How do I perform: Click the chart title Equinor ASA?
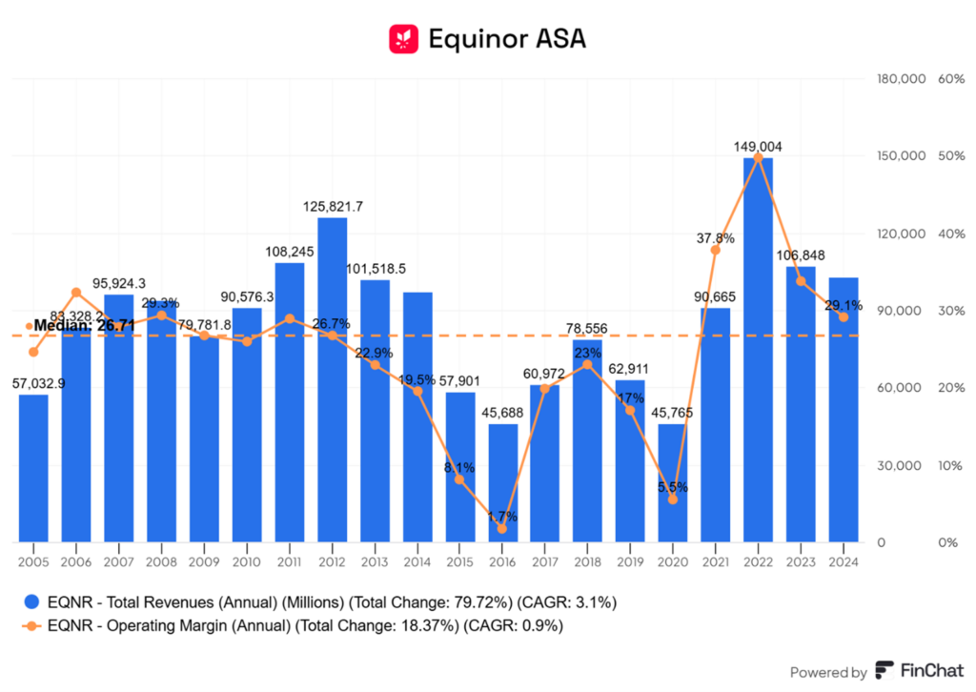[506, 38]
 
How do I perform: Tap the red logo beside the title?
[404, 38]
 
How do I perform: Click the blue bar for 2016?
[503, 483]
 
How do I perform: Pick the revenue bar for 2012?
[332, 380]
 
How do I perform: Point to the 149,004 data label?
[758, 147]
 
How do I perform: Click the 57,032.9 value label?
[33, 383]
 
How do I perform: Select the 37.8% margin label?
[716, 238]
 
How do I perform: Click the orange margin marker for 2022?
[758, 156]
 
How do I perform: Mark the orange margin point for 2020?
[673, 499]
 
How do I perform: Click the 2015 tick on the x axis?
[459, 561]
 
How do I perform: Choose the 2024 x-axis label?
[844, 561]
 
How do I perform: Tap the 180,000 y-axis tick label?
[901, 78]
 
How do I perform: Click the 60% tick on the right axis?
[952, 78]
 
